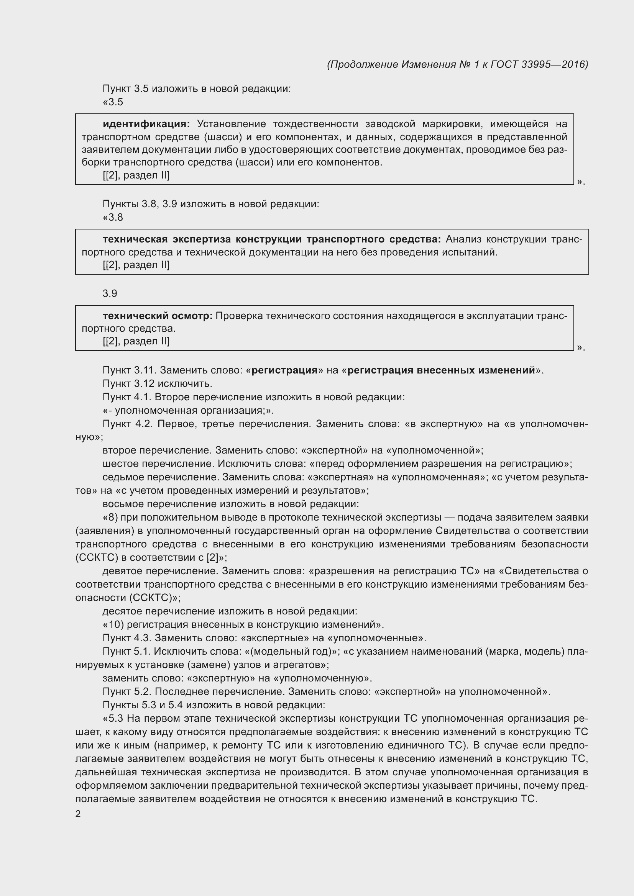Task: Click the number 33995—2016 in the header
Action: pos(554,64)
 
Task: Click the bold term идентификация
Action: pos(146,124)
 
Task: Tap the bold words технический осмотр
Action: pos(157,316)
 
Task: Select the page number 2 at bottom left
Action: pos(78,814)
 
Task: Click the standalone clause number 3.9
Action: pos(110,293)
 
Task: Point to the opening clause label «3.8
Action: pos(113,217)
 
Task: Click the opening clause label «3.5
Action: pos(113,102)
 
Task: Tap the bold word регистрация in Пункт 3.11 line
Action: pos(284,370)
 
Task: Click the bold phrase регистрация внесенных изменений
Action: pos(441,370)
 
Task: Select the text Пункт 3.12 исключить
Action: pos(157,383)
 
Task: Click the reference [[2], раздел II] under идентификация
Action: pos(136,175)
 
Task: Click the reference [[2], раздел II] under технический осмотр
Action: pos(136,341)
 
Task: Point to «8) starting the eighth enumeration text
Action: pos(110,518)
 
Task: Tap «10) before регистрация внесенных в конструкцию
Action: pos(113,625)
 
